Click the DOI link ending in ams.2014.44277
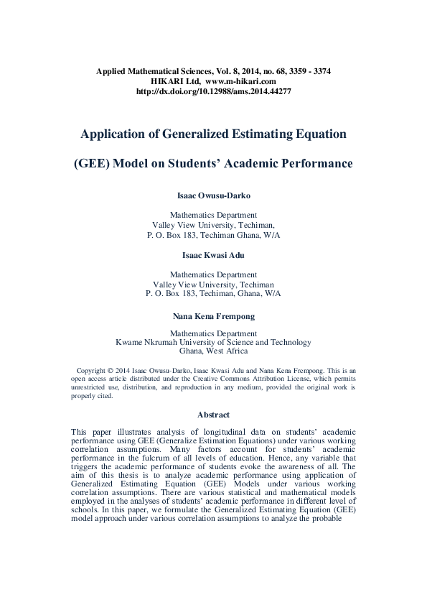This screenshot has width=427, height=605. tap(213, 92)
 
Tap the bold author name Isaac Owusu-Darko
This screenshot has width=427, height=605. tap(213, 195)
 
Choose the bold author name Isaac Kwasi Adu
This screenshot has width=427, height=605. tap(213, 254)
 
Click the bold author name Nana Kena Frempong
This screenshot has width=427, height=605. tap(213, 315)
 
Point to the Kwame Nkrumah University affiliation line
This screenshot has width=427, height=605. tap(213, 343)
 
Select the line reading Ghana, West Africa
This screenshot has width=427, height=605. tap(213, 351)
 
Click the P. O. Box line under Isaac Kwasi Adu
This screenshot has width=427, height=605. tap(213, 293)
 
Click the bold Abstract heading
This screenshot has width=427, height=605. tap(213, 415)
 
